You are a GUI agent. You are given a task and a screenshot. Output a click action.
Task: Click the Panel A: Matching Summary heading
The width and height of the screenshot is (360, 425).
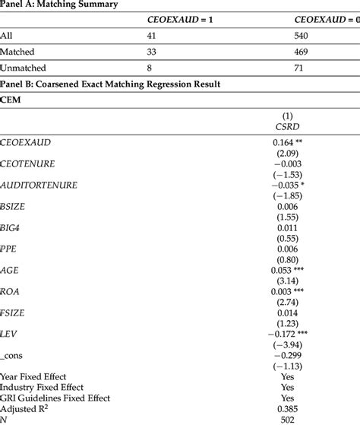pos(58,5)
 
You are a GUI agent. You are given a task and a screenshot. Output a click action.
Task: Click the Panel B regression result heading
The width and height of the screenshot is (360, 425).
pos(110,84)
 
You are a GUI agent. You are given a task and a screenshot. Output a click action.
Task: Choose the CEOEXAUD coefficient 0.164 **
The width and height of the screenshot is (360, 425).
pos(289,142)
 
